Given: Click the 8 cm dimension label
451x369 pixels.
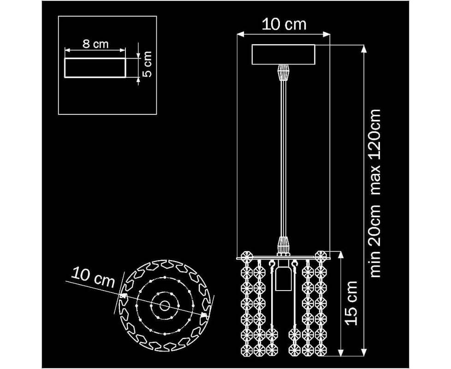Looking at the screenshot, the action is click(x=95, y=44).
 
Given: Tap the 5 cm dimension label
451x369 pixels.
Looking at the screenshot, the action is click(x=147, y=64).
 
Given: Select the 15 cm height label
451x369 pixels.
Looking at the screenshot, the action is click(x=351, y=303).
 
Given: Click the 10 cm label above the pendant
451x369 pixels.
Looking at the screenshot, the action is click(x=284, y=24).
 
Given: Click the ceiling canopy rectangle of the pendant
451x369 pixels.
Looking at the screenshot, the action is click(x=283, y=54).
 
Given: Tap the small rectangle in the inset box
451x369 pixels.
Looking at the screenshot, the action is click(x=95, y=68).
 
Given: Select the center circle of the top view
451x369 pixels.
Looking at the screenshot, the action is click(x=165, y=305).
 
